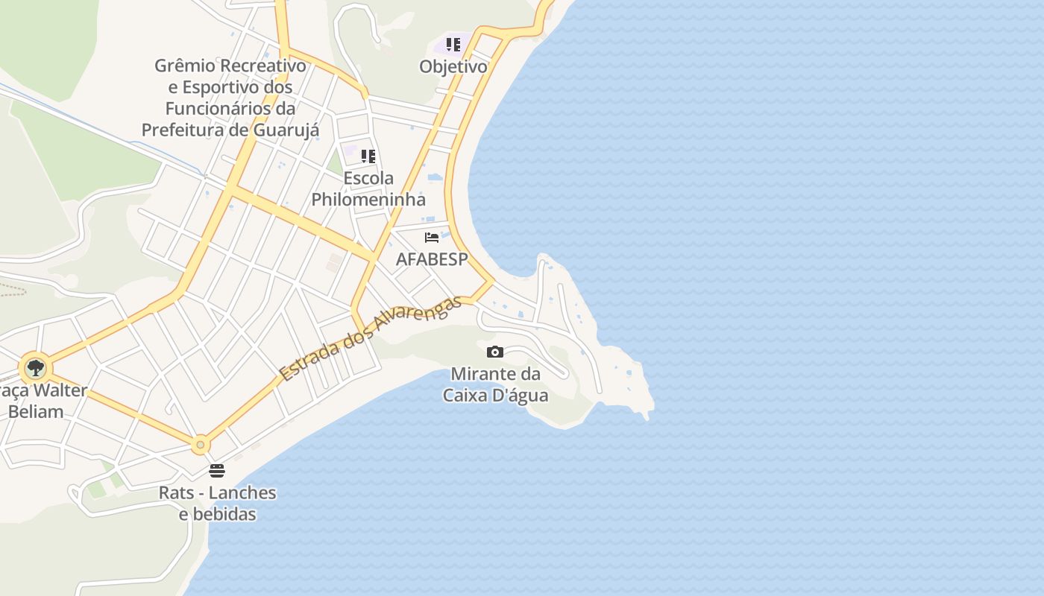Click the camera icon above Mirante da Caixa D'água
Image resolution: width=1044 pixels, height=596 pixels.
[494, 352]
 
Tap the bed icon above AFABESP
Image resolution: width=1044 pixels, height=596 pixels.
[432, 238]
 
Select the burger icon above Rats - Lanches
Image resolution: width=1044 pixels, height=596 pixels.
[217, 470]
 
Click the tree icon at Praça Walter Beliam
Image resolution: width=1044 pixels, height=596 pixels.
[35, 367]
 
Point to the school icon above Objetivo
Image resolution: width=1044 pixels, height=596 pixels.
[453, 45]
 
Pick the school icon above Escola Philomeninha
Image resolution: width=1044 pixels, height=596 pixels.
[368, 156]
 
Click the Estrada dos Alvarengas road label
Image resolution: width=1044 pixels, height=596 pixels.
[371, 339]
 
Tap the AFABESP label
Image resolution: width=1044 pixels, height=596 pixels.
[432, 259]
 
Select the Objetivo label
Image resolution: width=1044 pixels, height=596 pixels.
[453, 66]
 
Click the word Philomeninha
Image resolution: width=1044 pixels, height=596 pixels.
[368, 200]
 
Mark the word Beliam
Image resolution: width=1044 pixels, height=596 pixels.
[37, 411]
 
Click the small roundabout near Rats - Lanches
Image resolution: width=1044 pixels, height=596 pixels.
[200, 445]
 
